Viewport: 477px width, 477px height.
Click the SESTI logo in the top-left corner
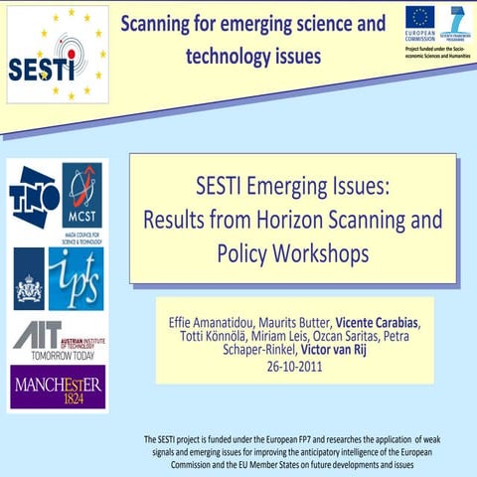57,56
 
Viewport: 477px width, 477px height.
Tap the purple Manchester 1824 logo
57,388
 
